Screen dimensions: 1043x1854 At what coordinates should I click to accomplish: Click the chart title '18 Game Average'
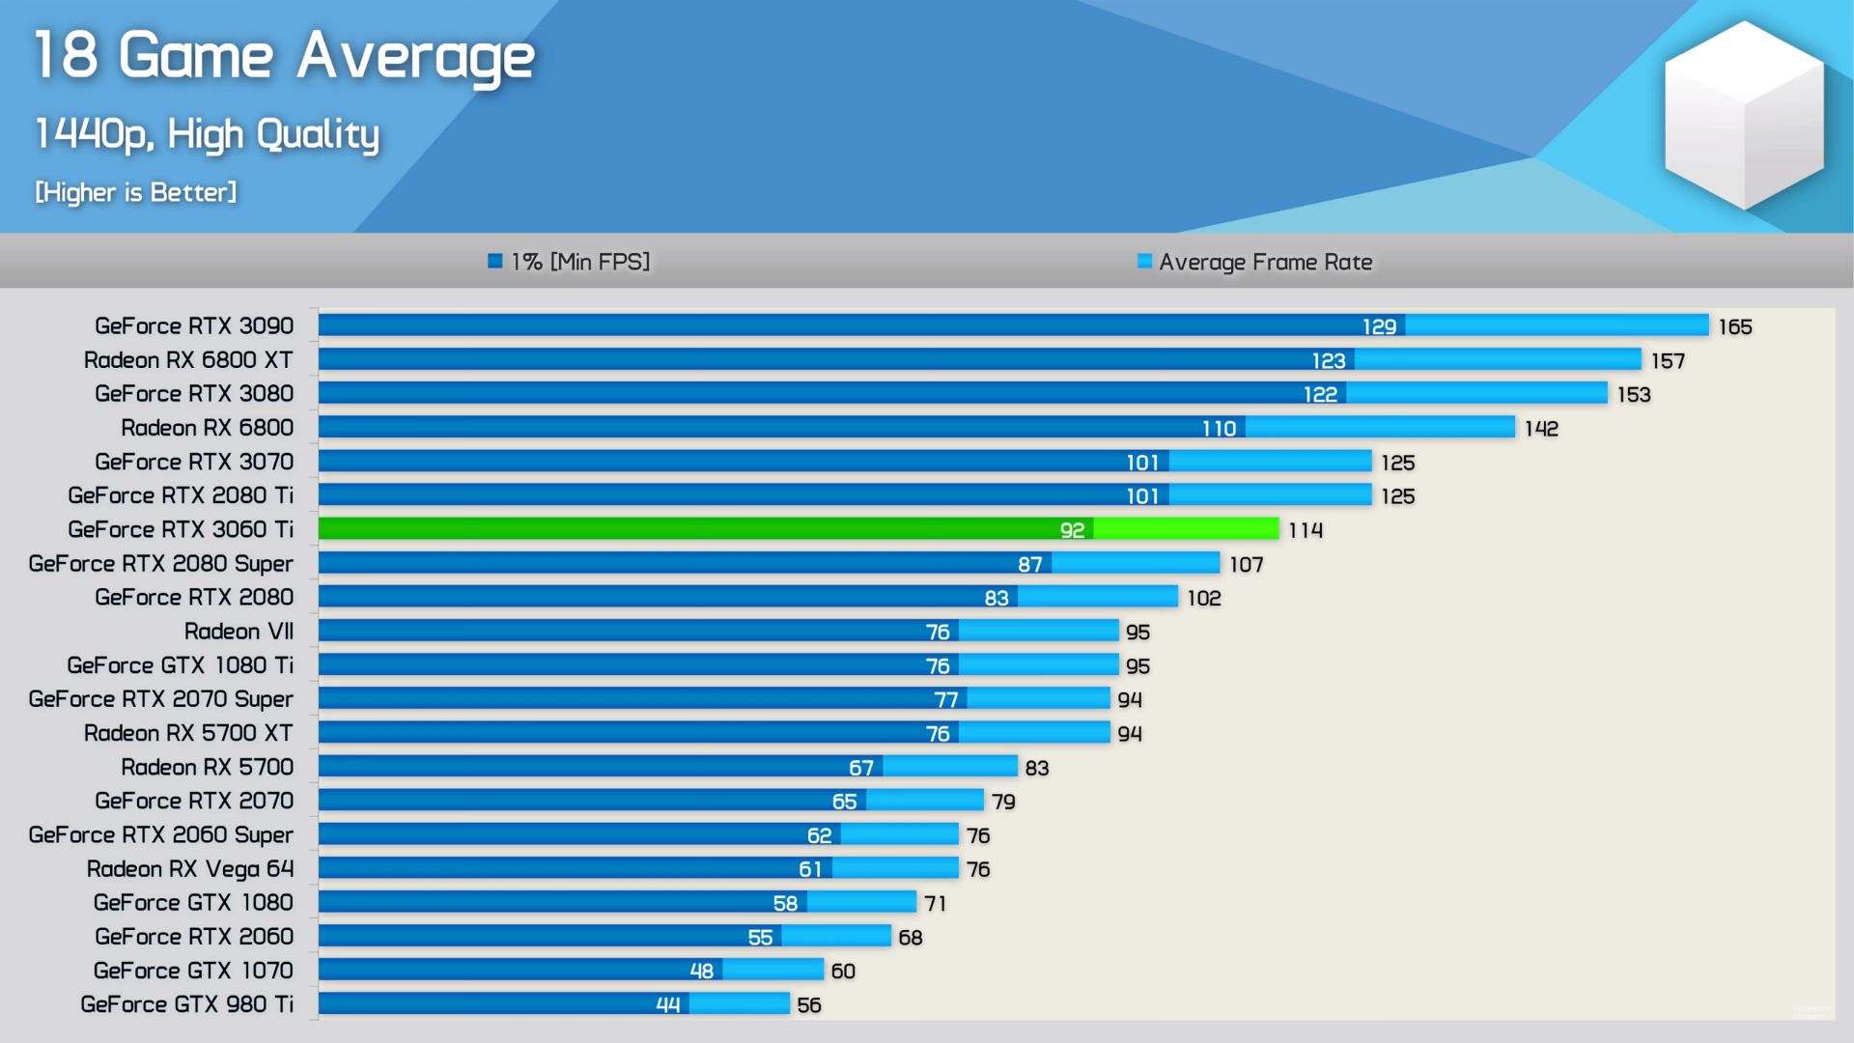tap(284, 56)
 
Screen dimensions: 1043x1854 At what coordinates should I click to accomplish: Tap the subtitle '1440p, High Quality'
tap(207, 134)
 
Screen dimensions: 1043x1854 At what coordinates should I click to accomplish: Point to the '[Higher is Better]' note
tap(135, 192)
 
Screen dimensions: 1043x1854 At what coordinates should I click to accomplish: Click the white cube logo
tap(1743, 116)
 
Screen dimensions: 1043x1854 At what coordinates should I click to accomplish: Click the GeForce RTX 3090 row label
tap(194, 326)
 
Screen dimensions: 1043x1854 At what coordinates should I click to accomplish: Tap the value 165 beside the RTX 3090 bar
tap(1734, 327)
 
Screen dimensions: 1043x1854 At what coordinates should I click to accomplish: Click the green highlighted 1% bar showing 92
tap(705, 529)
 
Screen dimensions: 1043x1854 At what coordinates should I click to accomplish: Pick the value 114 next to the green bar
tap(1306, 530)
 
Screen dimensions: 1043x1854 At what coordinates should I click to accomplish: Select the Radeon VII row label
tap(239, 632)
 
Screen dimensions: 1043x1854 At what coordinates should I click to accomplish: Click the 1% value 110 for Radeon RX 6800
tap(1219, 429)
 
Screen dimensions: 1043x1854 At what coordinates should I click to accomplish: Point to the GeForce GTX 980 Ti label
tap(186, 1004)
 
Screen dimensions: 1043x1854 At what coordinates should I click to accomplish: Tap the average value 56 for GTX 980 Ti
tap(809, 1005)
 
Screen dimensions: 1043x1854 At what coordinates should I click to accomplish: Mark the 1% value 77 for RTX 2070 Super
tap(946, 700)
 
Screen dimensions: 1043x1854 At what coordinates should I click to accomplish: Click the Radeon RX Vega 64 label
tap(189, 869)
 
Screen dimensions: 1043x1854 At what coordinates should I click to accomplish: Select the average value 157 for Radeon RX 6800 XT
tap(1668, 361)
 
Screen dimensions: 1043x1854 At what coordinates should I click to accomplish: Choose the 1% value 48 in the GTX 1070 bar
tap(702, 971)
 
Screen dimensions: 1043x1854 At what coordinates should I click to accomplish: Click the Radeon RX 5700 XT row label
tap(188, 733)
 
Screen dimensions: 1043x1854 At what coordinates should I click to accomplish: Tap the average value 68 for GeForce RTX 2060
tap(910, 938)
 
